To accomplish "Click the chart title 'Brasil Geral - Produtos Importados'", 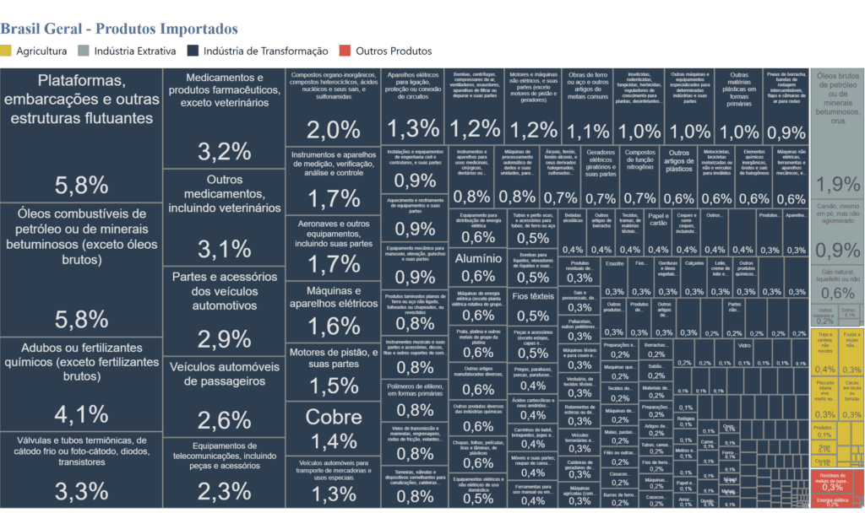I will (119, 30).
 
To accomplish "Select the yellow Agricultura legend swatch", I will (6, 51).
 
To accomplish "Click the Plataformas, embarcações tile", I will (82, 135).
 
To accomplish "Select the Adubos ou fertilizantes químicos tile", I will (82, 385).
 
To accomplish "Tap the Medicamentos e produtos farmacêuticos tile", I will (224, 118).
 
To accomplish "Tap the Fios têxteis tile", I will (533, 305).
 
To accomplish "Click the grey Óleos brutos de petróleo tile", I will (837, 135).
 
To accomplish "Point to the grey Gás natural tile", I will (837, 283).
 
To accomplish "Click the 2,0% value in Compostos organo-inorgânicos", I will (334, 129).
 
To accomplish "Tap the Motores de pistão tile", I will (334, 371).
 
